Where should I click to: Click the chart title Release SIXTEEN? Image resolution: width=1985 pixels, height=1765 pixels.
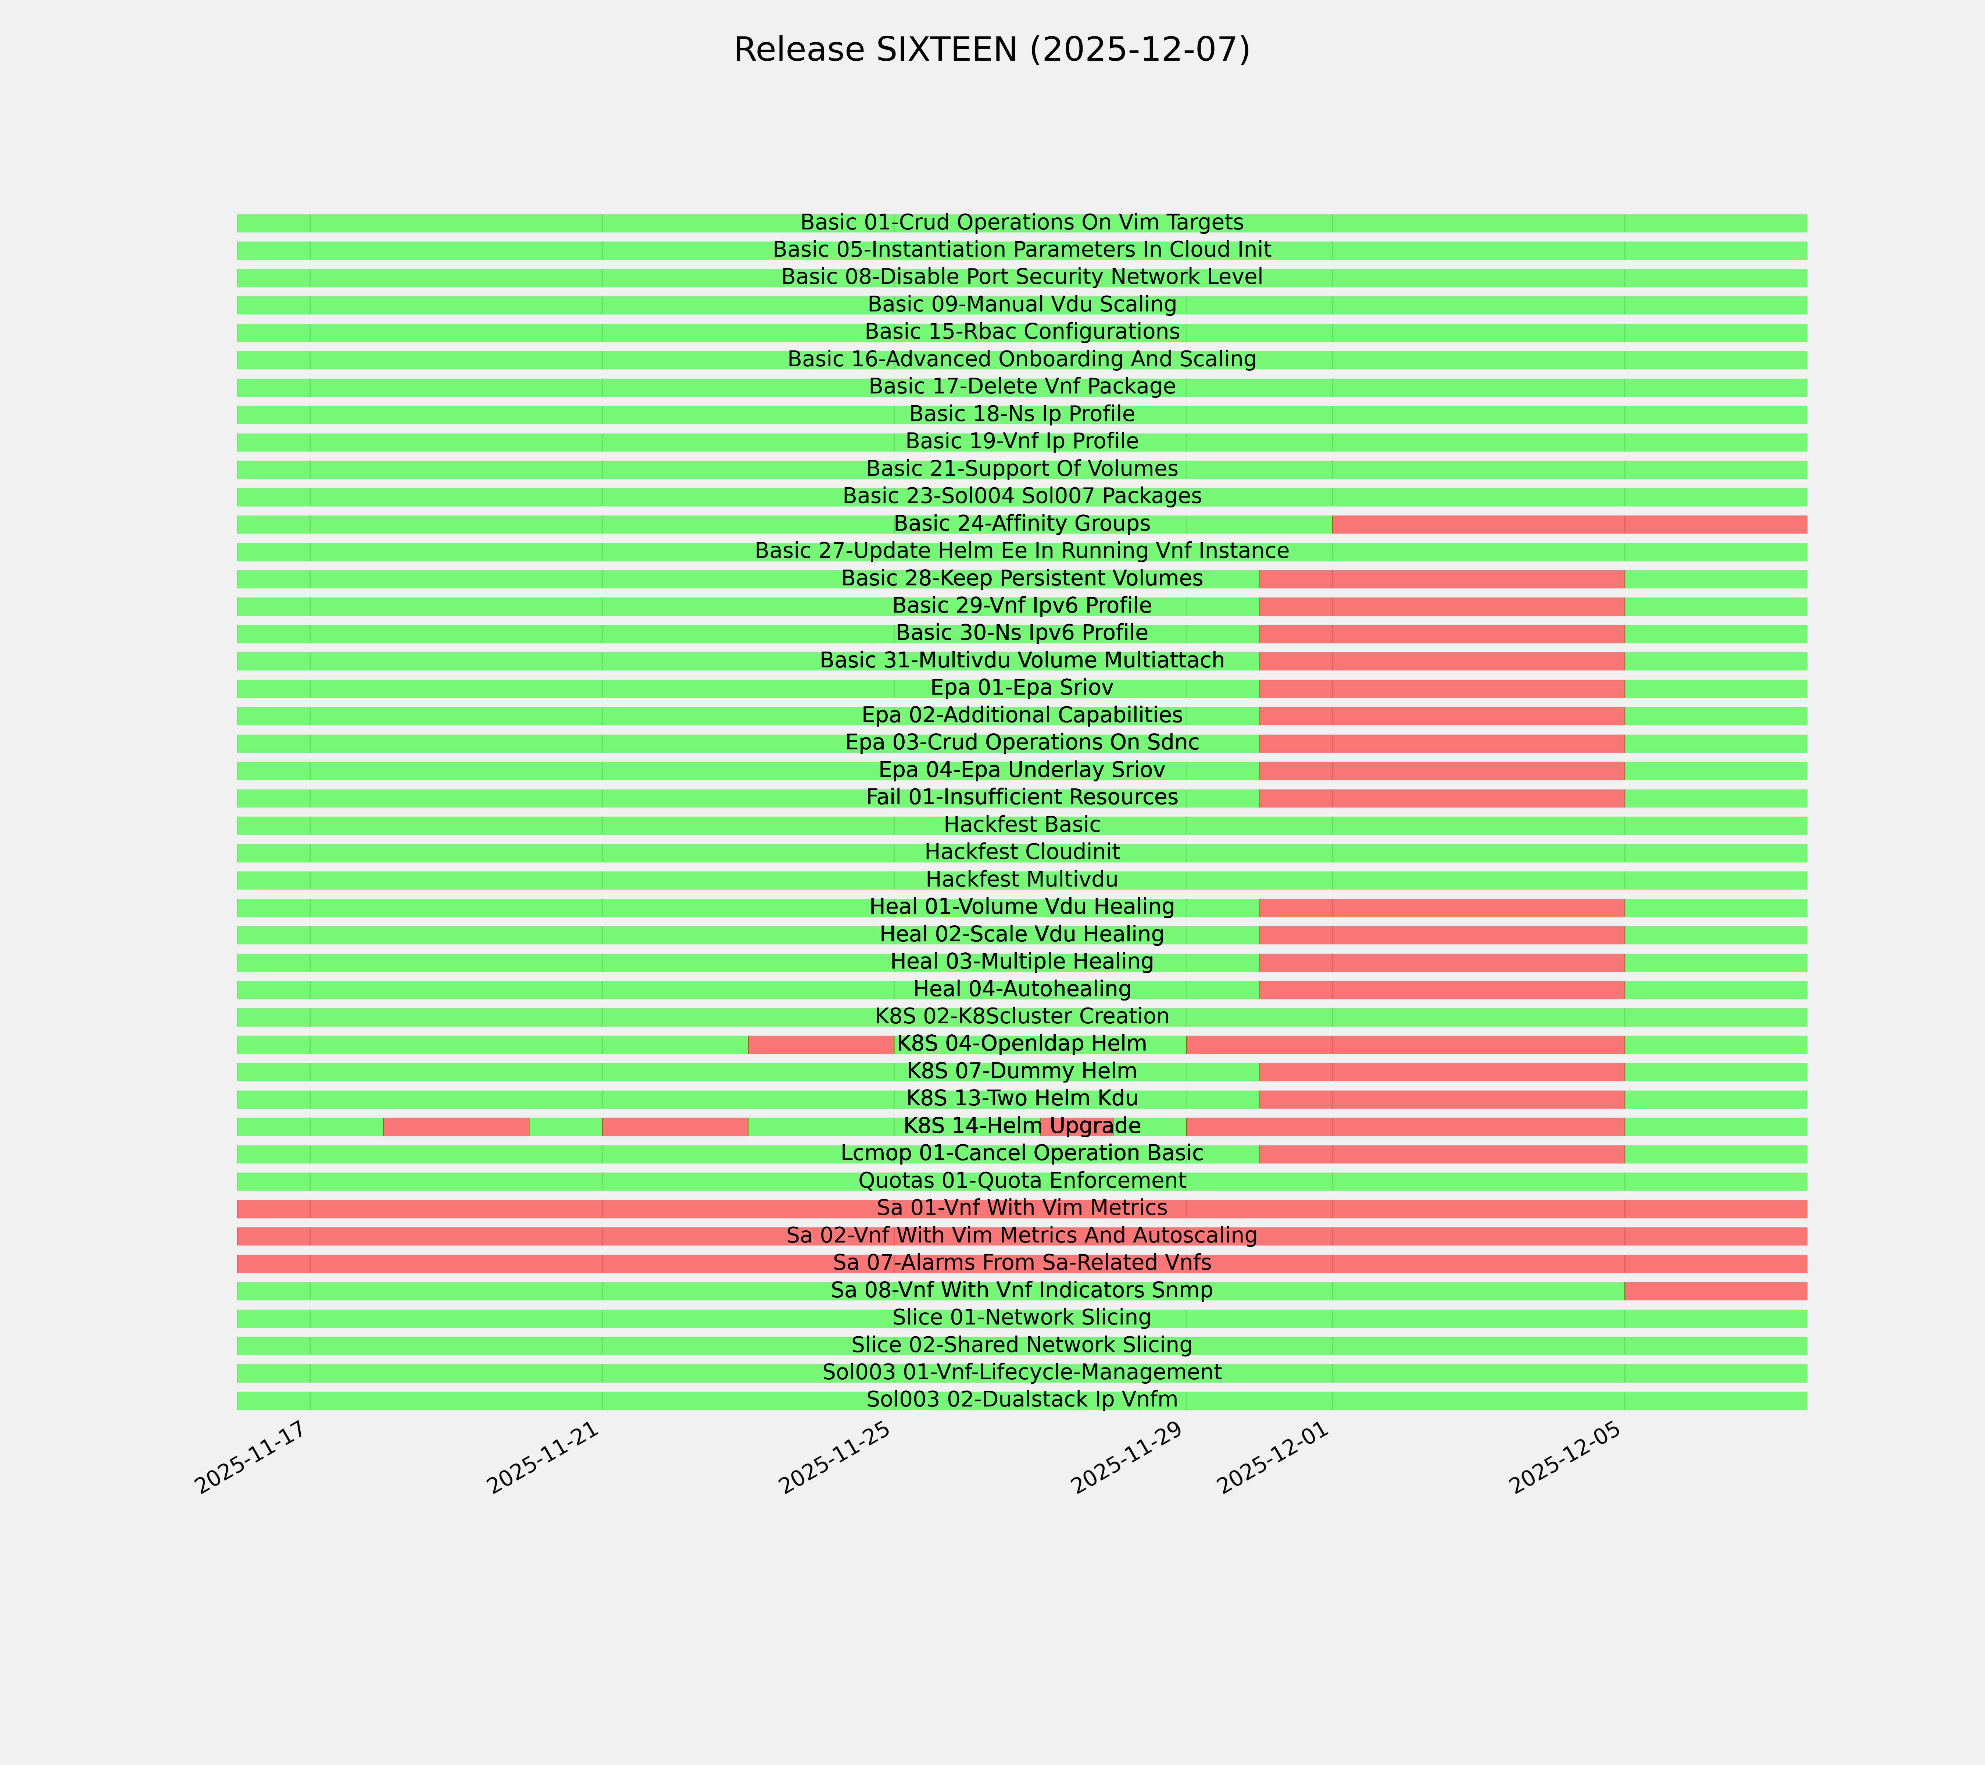coord(991,50)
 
